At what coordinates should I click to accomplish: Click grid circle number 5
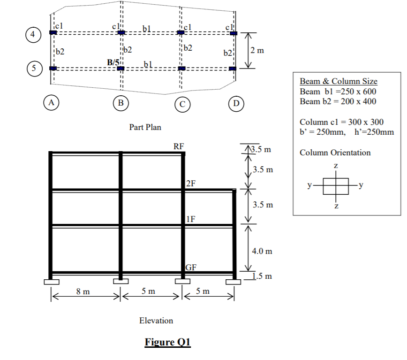[33, 68]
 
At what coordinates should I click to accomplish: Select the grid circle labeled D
[235, 102]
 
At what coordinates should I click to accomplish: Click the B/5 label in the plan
[113, 62]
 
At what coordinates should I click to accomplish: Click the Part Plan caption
[145, 127]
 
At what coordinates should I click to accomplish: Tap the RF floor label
[179, 146]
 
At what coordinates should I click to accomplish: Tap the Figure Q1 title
[167, 342]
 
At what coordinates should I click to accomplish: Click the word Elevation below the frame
[156, 321]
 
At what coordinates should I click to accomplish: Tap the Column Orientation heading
[335, 153]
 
